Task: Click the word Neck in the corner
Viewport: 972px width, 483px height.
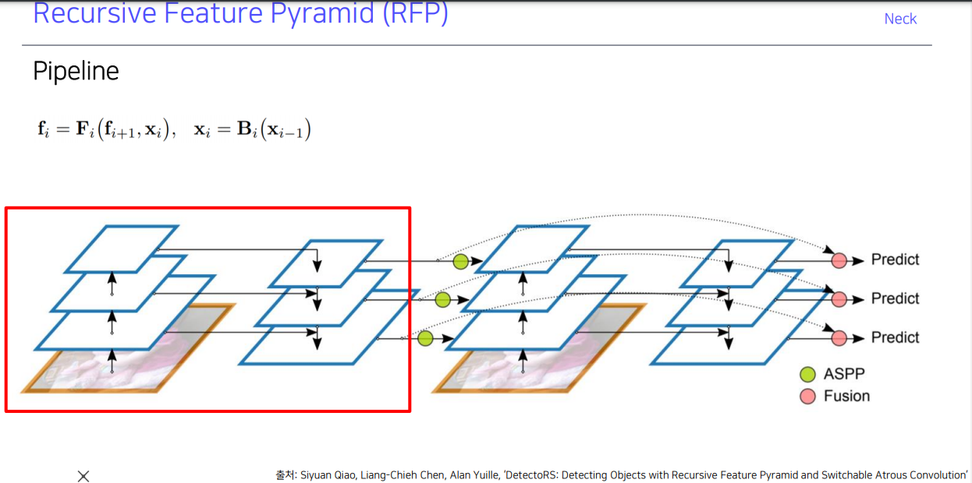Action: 900,19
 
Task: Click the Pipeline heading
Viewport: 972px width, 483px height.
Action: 76,72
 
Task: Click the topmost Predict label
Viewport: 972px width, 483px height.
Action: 895,259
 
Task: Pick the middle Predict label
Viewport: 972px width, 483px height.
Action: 895,298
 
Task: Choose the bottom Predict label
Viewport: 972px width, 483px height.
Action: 895,337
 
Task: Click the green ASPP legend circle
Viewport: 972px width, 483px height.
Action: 807,375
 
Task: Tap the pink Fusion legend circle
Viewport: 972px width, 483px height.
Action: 807,397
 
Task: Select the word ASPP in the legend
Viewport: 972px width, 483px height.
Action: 844,375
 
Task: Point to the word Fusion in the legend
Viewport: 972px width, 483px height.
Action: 846,397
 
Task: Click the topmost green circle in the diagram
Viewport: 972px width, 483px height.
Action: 460,262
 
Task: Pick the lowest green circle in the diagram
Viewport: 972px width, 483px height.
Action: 425,338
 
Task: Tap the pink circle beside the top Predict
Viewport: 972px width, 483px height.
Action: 839,260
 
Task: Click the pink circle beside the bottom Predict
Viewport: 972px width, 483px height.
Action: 839,338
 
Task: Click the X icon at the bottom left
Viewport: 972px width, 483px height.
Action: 83,476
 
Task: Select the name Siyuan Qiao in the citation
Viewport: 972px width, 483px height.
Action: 328,474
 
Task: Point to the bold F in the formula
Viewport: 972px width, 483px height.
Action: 83,129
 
